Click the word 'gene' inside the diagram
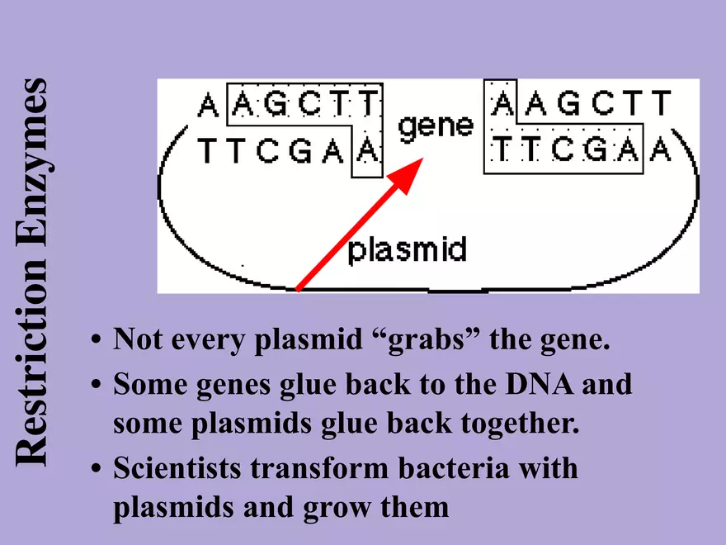coord(436,126)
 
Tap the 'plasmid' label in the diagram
coord(407,249)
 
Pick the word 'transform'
coord(321,468)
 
